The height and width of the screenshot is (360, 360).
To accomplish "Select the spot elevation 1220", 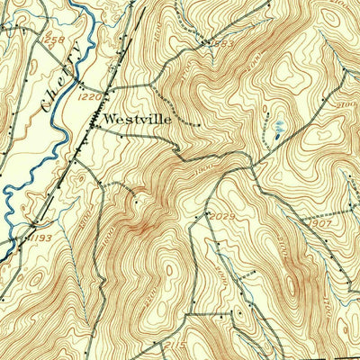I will click(87, 96).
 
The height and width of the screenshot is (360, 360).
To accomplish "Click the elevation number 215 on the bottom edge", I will click(175, 346).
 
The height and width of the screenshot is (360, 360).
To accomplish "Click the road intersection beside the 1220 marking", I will click(106, 93).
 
